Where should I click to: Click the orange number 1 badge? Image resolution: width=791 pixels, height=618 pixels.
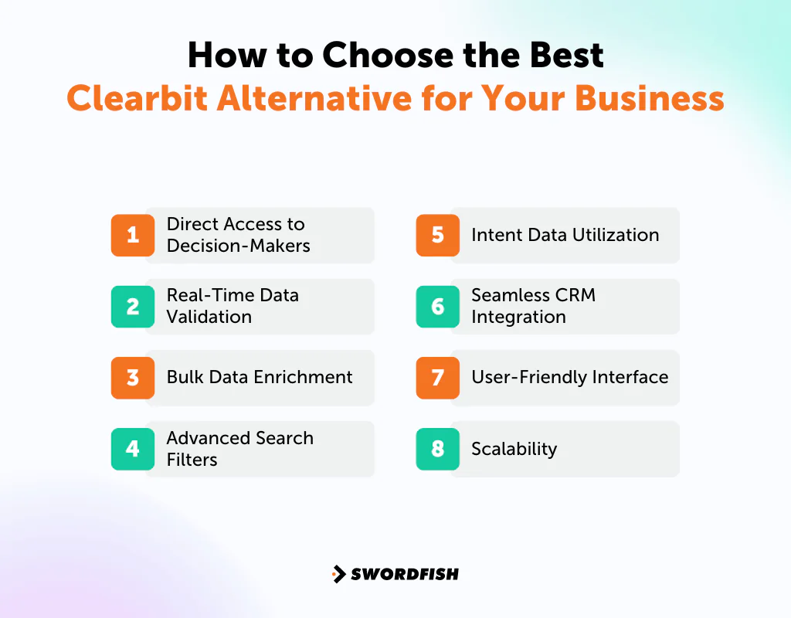pos(133,235)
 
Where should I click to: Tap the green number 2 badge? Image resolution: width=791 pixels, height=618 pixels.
pos(133,307)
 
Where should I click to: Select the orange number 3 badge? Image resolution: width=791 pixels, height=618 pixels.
pos(133,378)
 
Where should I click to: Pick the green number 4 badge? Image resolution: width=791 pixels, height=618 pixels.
pos(133,449)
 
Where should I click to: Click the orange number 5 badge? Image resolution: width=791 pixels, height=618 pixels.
pos(438,235)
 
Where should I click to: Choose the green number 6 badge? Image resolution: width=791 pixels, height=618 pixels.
pos(438,307)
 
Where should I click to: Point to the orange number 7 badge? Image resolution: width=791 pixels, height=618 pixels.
pos(438,378)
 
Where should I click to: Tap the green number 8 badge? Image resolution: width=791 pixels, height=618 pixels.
pos(438,449)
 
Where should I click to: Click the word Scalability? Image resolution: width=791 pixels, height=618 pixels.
pos(514,449)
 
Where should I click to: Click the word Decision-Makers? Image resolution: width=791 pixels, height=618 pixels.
pos(238,246)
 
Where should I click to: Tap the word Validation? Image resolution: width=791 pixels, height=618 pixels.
pos(209,317)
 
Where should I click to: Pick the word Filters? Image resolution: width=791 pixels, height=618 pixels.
pos(192,460)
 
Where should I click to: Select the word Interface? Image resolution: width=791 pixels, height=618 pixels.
pos(630,377)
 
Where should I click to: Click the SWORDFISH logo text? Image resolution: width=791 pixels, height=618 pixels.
pos(405,574)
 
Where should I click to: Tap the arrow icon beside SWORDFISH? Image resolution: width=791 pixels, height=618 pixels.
pos(338,574)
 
